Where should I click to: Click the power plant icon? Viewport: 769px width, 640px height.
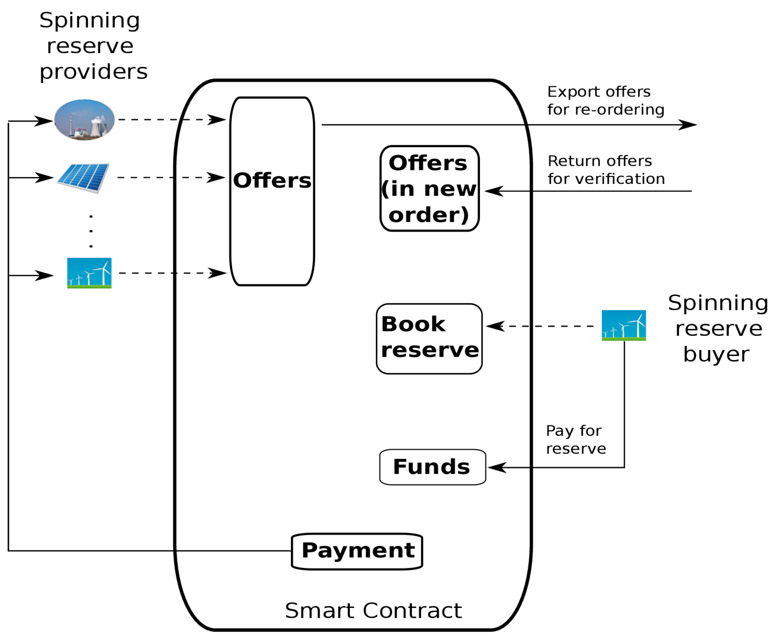point(84,120)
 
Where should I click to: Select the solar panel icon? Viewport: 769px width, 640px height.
point(83,178)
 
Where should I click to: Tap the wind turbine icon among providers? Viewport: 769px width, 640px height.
point(89,273)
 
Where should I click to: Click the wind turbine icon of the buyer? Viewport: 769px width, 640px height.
point(623,325)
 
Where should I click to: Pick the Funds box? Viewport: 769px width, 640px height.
point(432,467)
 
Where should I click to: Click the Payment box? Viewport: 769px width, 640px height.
point(357,551)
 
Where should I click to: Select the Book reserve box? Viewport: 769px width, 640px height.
point(429,338)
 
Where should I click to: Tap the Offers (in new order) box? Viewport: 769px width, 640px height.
point(429,188)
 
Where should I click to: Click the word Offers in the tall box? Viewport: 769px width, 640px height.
point(272,180)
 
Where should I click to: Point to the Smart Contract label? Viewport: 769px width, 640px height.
point(373,610)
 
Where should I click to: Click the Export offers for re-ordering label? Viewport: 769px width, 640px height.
point(605,101)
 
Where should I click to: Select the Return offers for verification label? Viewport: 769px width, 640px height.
point(606,170)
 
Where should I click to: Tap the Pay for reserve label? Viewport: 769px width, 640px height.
point(576,440)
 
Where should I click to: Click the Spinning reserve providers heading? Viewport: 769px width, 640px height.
point(92,46)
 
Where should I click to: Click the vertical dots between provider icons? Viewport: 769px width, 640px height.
point(91,231)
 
